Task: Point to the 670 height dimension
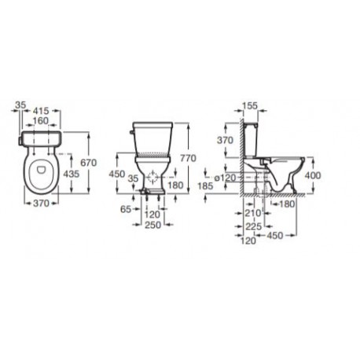coord(86,162)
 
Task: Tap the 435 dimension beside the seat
coord(70,172)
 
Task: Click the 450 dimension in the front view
coord(116,174)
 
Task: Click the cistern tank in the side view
coord(251,141)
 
